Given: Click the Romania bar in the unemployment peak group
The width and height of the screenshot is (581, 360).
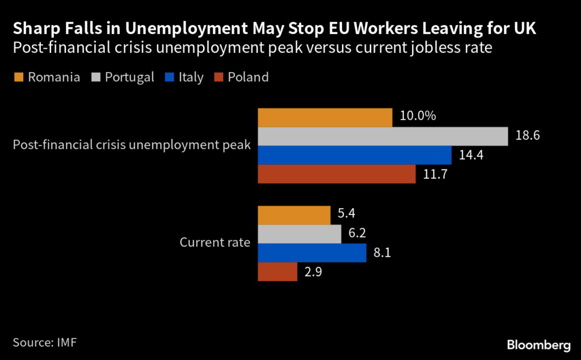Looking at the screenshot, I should pyautogui.click(x=325, y=117).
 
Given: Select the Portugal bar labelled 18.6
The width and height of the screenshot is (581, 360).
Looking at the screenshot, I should pyautogui.click(x=382, y=136).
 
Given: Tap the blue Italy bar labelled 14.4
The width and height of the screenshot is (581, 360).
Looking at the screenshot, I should pyautogui.click(x=355, y=155).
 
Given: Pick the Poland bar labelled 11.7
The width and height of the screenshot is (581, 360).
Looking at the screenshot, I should pyautogui.click(x=336, y=174).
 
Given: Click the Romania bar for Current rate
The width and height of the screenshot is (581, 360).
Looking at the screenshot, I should pyautogui.click(x=294, y=215).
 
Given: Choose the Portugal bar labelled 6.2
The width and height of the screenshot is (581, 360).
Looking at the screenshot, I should pyautogui.click(x=300, y=234).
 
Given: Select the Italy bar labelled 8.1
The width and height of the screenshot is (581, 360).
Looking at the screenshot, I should pyautogui.click(x=312, y=253).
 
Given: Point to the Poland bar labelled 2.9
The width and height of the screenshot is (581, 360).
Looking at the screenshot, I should pyautogui.click(x=277, y=272).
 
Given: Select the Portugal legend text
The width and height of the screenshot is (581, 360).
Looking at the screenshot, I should pyautogui.click(x=129, y=77).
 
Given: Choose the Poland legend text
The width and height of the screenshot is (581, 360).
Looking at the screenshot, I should pyautogui.click(x=248, y=77).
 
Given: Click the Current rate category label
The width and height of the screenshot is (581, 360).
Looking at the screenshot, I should pyautogui.click(x=214, y=243).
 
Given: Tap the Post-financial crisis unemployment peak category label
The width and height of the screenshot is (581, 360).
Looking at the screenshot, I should pyautogui.click(x=132, y=145).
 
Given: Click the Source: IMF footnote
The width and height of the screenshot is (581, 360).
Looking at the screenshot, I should pyautogui.click(x=44, y=342).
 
